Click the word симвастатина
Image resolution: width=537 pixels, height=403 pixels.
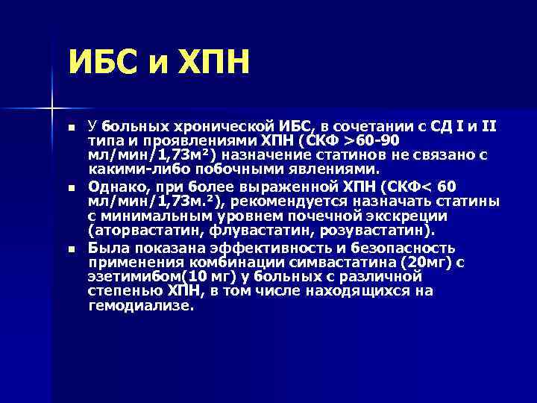click(x=337, y=263)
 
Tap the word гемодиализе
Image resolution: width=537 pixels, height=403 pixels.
click(x=140, y=306)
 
